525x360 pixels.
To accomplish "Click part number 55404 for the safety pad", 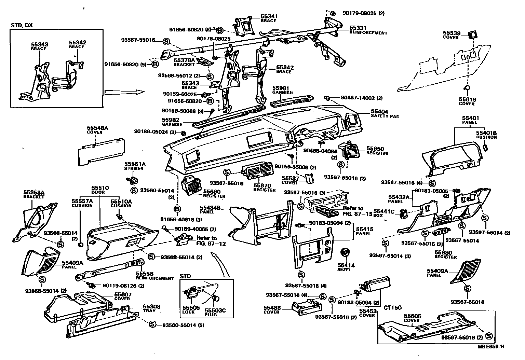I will click(379, 112).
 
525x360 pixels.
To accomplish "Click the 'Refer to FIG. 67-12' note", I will click(206, 240).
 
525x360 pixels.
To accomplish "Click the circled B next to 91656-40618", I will click(177, 209).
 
